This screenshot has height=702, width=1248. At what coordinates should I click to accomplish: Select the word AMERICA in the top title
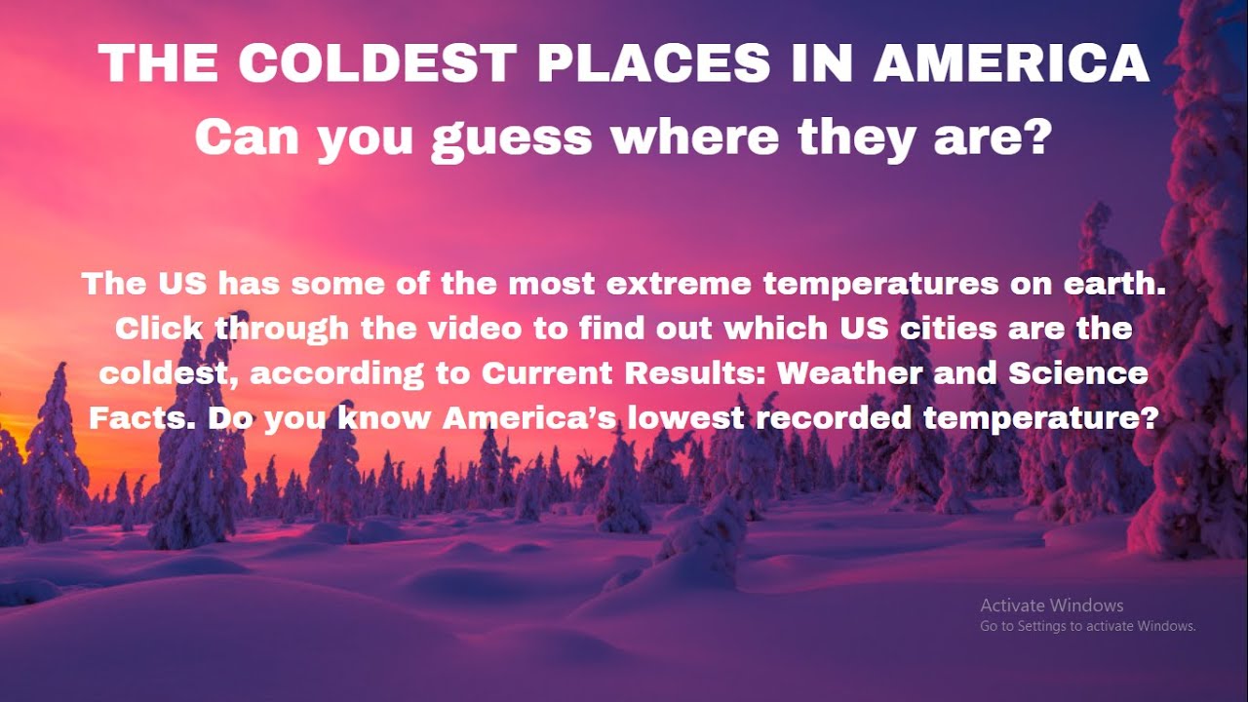point(1011,64)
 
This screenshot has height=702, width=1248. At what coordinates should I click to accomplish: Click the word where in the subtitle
point(694,138)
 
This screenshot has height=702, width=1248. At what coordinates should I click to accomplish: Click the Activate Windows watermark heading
point(1051,605)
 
